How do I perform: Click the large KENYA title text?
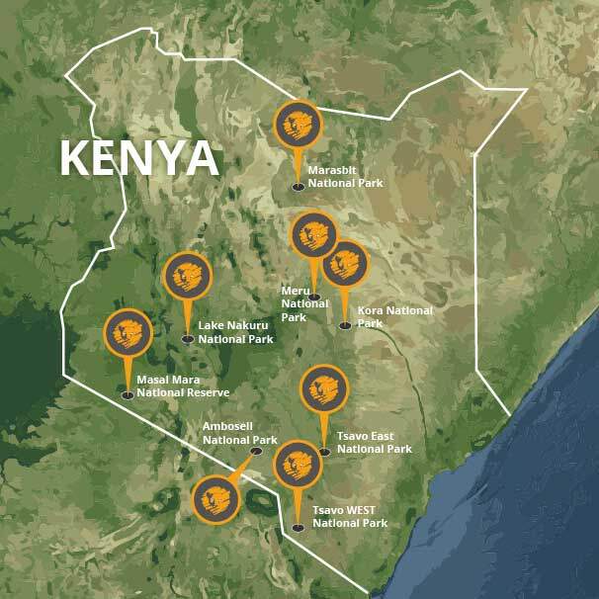138,159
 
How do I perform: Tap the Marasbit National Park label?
345,177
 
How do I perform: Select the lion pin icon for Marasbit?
298,125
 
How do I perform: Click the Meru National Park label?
304,303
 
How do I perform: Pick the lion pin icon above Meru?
314,236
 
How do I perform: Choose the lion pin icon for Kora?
345,264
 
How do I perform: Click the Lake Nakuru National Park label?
235,332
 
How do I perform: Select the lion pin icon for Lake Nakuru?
187,277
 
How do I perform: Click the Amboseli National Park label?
240,433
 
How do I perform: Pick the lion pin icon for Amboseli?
215,498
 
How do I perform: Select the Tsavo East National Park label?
374,443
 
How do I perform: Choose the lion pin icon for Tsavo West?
298,466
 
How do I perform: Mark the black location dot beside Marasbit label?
298,186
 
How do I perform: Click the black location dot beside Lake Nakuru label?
187,339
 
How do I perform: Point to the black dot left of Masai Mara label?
128,395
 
